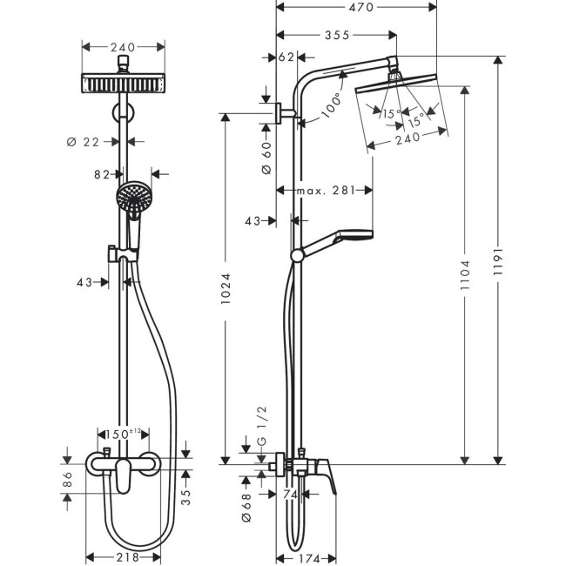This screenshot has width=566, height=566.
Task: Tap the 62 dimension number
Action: (286, 59)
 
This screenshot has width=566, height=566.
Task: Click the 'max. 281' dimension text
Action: (325, 191)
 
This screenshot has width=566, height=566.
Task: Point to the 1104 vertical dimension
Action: (466, 270)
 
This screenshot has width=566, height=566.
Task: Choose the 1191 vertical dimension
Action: (497, 259)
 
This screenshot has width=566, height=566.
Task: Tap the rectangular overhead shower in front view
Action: (124, 84)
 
